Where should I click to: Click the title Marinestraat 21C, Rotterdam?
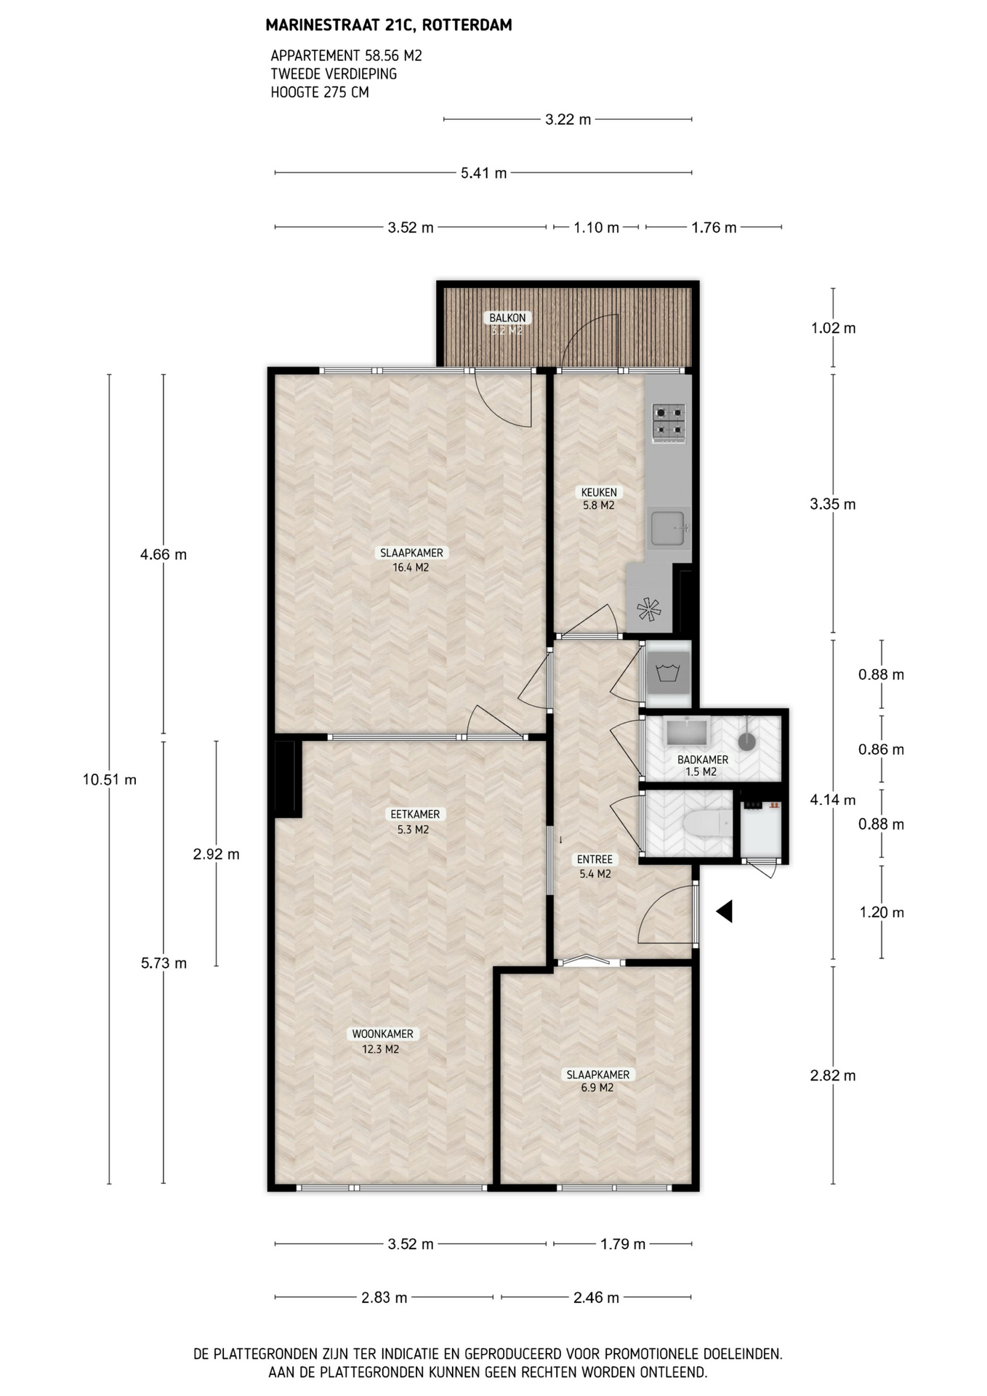[389, 25]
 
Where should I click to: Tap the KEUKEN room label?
[599, 492]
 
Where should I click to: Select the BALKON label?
[507, 318]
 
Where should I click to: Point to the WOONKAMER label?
[382, 1034]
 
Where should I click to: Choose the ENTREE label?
[595, 859]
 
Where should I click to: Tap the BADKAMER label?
[702, 759]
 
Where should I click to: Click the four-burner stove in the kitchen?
[669, 422]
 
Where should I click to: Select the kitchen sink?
[669, 528]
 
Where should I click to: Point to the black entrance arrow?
[724, 911]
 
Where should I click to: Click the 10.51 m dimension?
[110, 779]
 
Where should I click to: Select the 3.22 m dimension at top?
[568, 119]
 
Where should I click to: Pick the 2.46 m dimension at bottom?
[596, 1297]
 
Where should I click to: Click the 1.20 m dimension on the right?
[882, 912]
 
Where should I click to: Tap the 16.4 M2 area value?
[411, 567]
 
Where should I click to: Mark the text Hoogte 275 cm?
[320, 92]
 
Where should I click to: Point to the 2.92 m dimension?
[216, 854]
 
